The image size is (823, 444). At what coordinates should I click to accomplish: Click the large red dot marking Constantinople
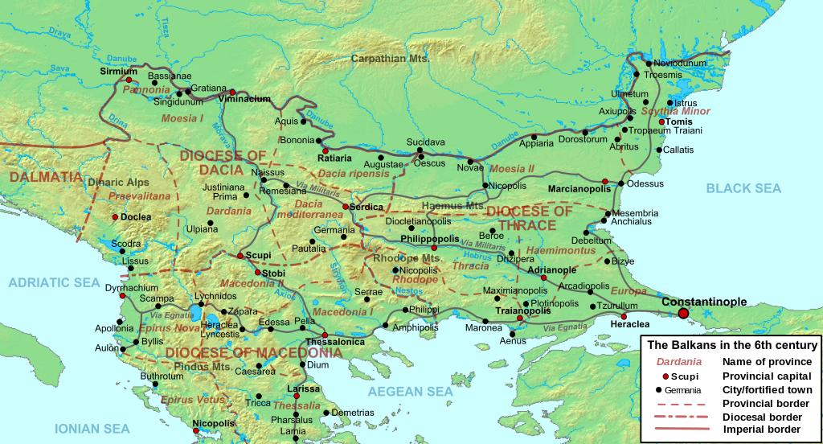point(683,313)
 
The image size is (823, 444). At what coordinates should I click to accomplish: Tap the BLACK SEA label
point(743,188)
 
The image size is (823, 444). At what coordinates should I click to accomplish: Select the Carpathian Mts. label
point(391,59)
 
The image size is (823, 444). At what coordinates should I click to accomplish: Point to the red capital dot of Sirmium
point(128,80)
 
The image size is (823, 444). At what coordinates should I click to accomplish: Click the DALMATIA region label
point(45,176)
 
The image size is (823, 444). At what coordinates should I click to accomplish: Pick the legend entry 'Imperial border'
point(761,430)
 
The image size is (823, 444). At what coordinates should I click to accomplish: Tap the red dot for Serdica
point(346,207)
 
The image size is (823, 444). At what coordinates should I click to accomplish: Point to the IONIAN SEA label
point(92,429)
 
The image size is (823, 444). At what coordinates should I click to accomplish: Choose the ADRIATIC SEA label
point(54,282)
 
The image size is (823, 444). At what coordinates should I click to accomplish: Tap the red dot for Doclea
point(116,217)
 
